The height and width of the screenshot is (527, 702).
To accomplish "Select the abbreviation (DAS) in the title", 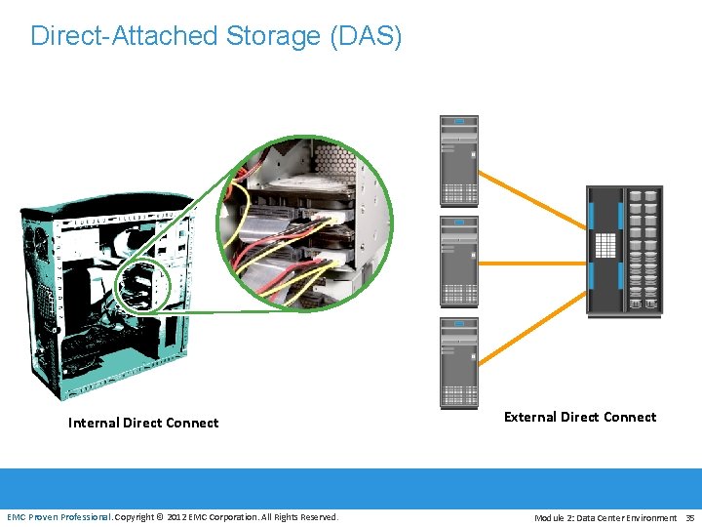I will [x=366, y=36].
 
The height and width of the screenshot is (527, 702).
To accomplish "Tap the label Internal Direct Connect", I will [x=143, y=423].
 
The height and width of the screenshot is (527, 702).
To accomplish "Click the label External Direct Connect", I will [x=580, y=417].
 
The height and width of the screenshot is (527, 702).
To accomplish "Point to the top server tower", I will [x=459, y=161].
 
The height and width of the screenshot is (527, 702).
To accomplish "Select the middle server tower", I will [x=459, y=262].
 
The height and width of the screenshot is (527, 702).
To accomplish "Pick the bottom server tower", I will [x=459, y=362].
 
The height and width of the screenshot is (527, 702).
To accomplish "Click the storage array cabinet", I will [x=624, y=251].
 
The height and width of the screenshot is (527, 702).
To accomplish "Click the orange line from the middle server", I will [x=531, y=263].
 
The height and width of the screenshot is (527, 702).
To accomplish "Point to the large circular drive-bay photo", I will [x=304, y=223].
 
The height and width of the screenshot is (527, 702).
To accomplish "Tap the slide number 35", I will [x=690, y=517].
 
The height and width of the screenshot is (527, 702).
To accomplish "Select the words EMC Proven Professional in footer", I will [x=59, y=516].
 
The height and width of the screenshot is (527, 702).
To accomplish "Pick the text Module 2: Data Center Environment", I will [x=605, y=517].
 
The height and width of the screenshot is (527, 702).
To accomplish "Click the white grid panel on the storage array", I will [x=604, y=244].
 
